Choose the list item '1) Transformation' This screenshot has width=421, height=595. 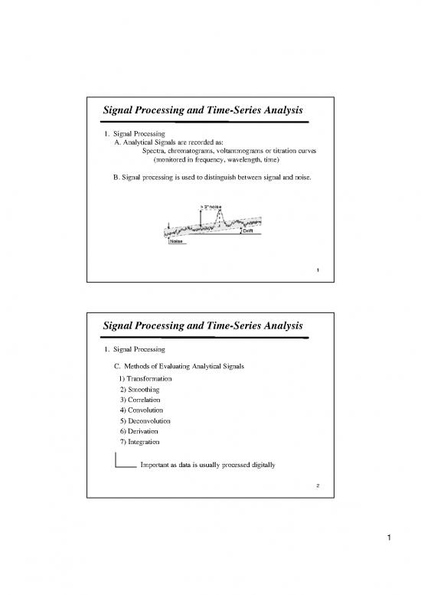(145, 379)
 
